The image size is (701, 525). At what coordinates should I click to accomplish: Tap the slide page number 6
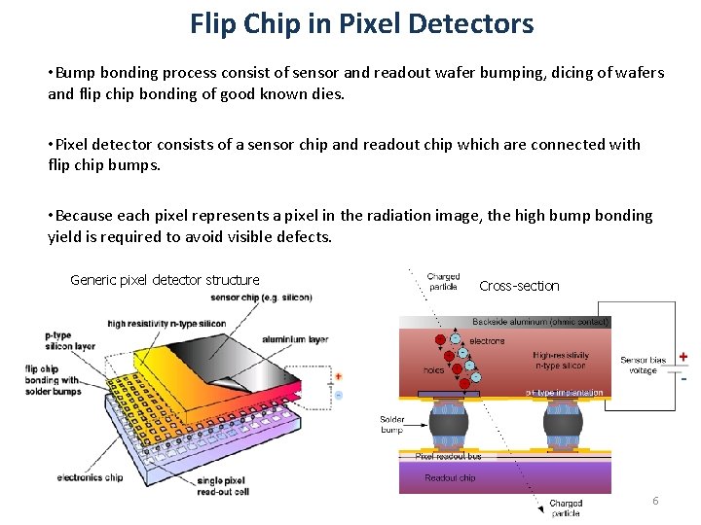click(655, 501)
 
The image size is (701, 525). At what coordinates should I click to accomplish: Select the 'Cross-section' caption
click(519, 286)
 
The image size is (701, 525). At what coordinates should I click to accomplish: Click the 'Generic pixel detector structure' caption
click(165, 280)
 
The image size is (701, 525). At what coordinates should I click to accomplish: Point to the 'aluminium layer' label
click(295, 339)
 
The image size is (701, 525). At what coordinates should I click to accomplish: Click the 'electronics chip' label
click(90, 477)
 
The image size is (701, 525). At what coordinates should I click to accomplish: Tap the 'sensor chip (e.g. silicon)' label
click(261, 297)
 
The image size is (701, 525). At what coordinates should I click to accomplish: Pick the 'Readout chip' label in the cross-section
click(450, 477)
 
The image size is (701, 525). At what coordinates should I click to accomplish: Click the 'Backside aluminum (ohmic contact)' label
click(540, 321)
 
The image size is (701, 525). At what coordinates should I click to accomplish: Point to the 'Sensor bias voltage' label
click(644, 365)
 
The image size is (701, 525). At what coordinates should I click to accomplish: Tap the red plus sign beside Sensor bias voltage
click(683, 357)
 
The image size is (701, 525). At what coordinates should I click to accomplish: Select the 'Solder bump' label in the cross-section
click(391, 424)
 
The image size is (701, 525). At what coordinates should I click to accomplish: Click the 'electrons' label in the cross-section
click(487, 341)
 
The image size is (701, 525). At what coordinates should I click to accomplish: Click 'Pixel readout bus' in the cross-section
click(448, 456)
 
